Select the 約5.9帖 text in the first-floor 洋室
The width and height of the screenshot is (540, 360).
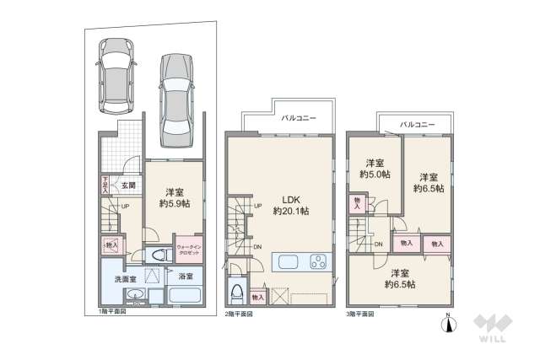[176, 203]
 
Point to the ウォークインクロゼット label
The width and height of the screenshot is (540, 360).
[189, 251]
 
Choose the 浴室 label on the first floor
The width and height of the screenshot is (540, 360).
[186, 277]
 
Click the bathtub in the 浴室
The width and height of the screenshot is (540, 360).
[184, 297]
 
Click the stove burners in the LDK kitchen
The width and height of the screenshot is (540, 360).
[320, 261]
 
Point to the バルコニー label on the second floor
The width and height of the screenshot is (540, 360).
[297, 119]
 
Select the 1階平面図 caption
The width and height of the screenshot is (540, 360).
[111, 314]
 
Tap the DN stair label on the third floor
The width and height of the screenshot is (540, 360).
[379, 244]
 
